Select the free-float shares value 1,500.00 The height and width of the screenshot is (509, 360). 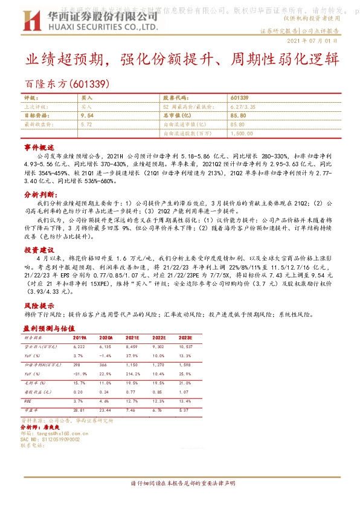pyautogui.click(x=241, y=132)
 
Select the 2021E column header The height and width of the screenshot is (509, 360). pyautogui.click(x=134, y=337)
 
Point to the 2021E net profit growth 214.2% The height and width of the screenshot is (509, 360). pyautogui.click(x=134, y=375)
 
